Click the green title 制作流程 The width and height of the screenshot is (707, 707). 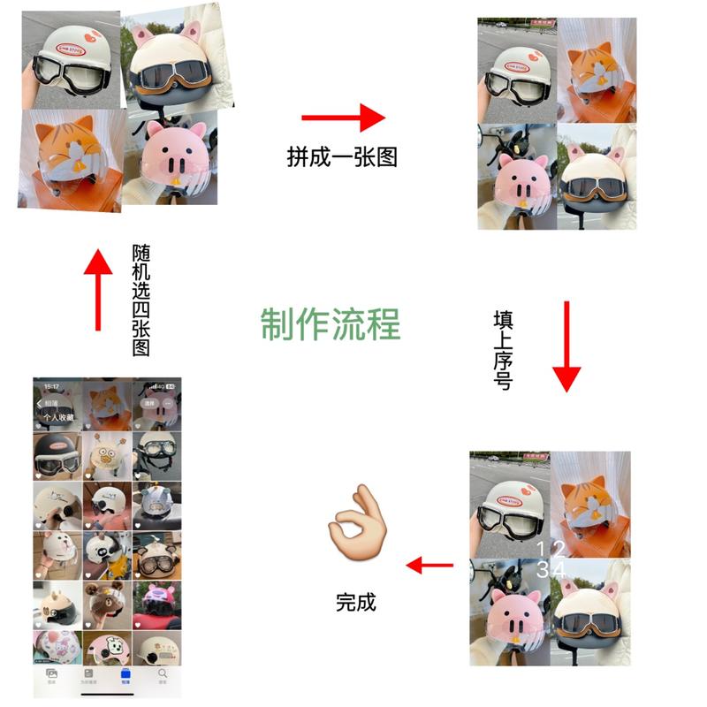tap(331, 325)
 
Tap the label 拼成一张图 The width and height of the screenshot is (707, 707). tap(342, 156)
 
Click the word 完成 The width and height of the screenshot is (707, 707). tap(356, 603)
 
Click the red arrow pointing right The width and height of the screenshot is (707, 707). tap(344, 118)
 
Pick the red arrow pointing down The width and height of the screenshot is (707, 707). tap(566, 346)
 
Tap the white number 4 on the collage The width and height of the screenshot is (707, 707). tap(560, 570)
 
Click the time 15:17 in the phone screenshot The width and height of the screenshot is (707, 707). tap(52, 386)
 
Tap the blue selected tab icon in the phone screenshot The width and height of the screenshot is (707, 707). tap(125, 674)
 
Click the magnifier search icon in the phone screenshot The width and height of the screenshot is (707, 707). tap(163, 674)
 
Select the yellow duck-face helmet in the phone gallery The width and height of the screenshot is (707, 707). tap(108, 456)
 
